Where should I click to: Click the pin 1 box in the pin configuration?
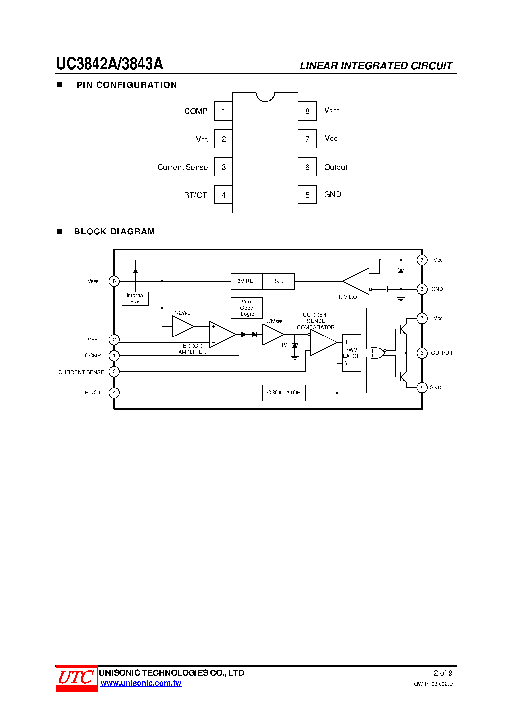(x=223, y=111)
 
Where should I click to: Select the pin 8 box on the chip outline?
(x=307, y=111)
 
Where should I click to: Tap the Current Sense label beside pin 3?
(x=182, y=167)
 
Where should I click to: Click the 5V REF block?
(x=247, y=281)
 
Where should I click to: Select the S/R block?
(x=279, y=281)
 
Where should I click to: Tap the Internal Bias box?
(x=136, y=298)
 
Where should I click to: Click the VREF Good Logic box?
(x=247, y=308)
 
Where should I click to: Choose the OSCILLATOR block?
(x=284, y=393)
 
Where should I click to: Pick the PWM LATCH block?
(x=351, y=353)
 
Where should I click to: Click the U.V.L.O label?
(x=348, y=297)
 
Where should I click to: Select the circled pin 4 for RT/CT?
(x=114, y=393)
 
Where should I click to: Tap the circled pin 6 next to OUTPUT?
(x=422, y=353)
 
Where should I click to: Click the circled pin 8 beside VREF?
(x=114, y=281)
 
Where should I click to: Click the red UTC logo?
(x=76, y=678)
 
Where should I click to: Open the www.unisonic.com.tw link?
(x=141, y=683)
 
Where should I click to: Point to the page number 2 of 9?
(x=443, y=673)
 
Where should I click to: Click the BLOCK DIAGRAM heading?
(x=114, y=232)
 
